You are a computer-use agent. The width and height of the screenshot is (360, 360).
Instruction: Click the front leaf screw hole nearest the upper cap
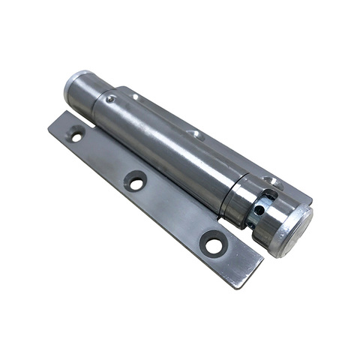[76, 136]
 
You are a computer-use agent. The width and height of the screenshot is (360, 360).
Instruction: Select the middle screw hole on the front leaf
[136, 181]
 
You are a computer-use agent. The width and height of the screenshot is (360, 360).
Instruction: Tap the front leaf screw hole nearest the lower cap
[213, 244]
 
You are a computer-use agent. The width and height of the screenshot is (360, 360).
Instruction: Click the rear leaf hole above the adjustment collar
[271, 181]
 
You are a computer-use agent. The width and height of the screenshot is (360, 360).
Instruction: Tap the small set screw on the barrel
[111, 98]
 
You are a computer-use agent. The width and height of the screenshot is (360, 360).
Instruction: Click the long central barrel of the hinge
[165, 142]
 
